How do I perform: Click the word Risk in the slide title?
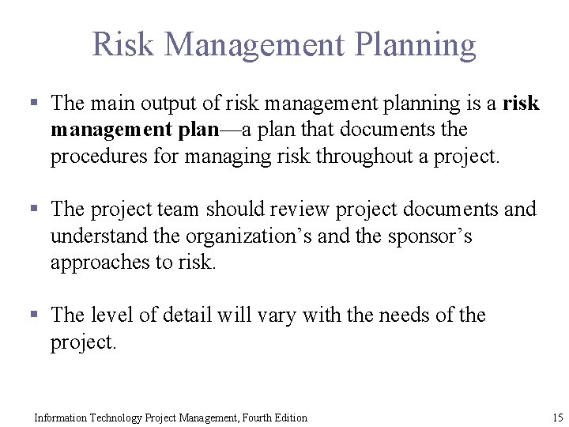coord(122,44)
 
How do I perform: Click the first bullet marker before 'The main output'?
coord(34,103)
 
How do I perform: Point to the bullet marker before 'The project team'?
coord(34,209)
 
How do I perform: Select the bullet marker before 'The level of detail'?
coord(34,315)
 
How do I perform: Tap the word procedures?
coord(100,157)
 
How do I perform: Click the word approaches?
coord(100,263)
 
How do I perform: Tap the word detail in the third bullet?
coord(188,315)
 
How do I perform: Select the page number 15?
coord(558,418)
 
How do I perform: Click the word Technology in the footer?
coord(114,418)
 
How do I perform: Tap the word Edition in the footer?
coord(292,418)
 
